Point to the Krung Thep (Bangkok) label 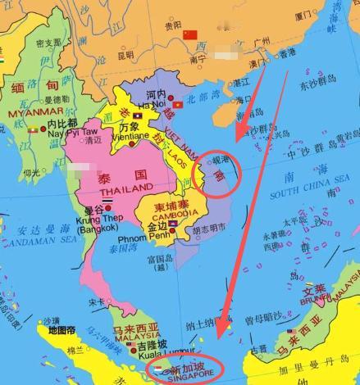[x=95, y=229]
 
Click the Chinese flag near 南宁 [x=190, y=34]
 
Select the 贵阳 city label [x=172, y=25]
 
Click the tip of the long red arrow [x=220, y=337]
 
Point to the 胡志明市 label [x=213, y=231]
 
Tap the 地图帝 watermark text [x=62, y=330]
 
